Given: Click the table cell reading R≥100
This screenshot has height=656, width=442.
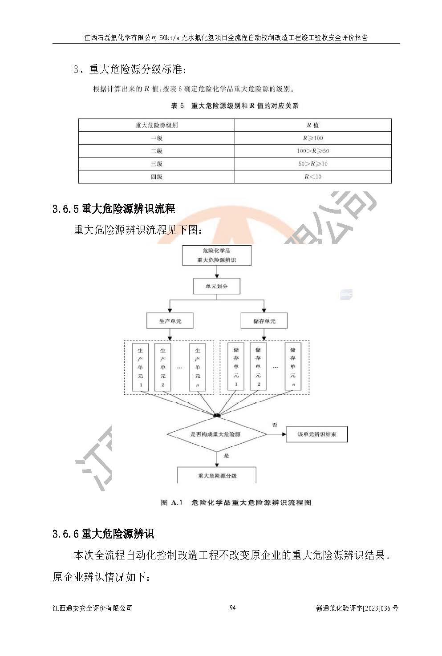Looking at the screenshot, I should coord(313,138).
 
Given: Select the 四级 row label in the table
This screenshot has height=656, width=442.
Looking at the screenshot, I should coord(156,177).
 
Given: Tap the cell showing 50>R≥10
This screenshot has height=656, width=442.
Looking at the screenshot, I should coord(313,164).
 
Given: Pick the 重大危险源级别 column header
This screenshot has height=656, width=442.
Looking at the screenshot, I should coord(156,125).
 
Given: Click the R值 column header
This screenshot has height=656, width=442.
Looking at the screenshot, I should coord(313,125).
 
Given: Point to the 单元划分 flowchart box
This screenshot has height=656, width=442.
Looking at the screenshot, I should coord(217,286).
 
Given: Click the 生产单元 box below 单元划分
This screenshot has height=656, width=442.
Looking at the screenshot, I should coord(170,321).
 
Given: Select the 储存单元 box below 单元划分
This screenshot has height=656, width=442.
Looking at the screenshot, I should coord(264,321).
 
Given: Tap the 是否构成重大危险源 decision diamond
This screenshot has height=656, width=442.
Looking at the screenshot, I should coord(216,434).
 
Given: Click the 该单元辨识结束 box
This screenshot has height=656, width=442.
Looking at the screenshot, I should coord(316,434).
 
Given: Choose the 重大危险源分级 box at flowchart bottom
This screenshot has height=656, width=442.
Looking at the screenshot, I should coord(217,476).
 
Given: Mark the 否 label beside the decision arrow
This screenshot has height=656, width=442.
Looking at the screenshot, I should coord(275,425).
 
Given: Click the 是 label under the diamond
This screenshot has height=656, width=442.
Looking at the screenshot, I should coord(226,456).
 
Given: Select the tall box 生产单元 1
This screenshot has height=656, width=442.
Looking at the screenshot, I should coord(141,367).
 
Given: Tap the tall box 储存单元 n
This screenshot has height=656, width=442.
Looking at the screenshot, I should coord(292,367).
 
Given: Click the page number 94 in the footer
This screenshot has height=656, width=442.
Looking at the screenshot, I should coord(232,608).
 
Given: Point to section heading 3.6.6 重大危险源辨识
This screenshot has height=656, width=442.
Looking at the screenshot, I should coord(103,533).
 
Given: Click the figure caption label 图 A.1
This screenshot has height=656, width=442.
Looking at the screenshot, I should coord(172,502).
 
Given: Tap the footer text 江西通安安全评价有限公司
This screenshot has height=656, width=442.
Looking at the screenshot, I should coord(92,608).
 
